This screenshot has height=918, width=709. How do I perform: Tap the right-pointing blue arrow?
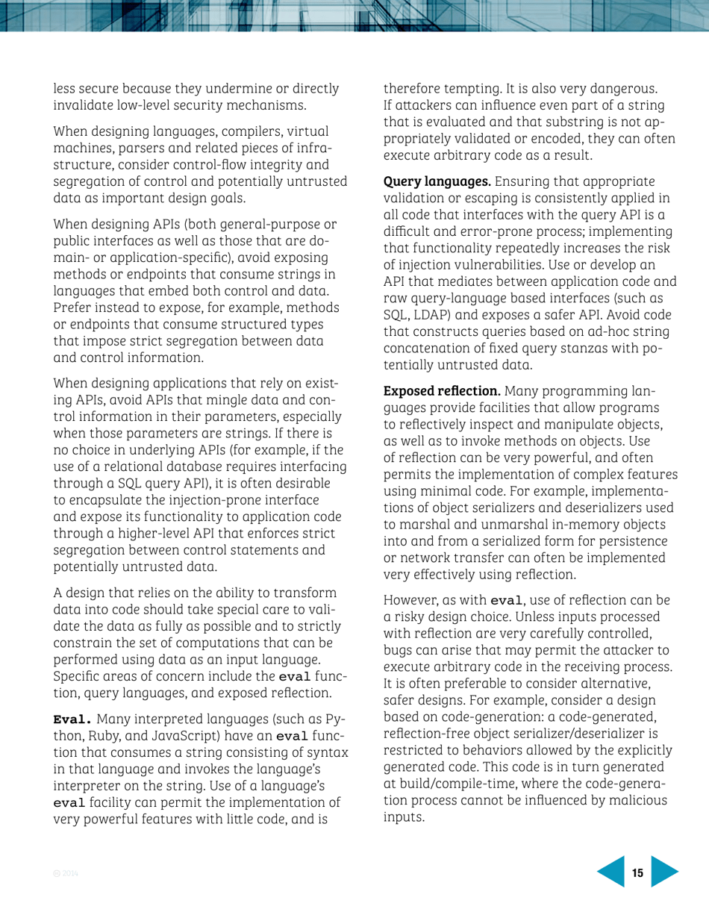click(x=664, y=873)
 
